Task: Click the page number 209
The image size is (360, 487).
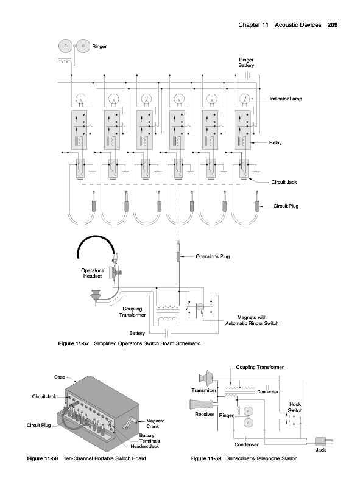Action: [333, 25]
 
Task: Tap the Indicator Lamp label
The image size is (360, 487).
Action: [286, 99]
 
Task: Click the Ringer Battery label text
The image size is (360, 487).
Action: [246, 63]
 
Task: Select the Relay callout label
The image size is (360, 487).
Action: [275, 142]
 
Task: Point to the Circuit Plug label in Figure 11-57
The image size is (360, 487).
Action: [286, 206]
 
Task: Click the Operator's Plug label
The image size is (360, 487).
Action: [213, 256]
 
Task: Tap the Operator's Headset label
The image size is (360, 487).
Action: [93, 273]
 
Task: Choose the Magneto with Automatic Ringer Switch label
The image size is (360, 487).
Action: [252, 320]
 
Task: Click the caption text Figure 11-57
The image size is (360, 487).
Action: [74, 343]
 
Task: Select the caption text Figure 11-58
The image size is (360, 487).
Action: [43, 458]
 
